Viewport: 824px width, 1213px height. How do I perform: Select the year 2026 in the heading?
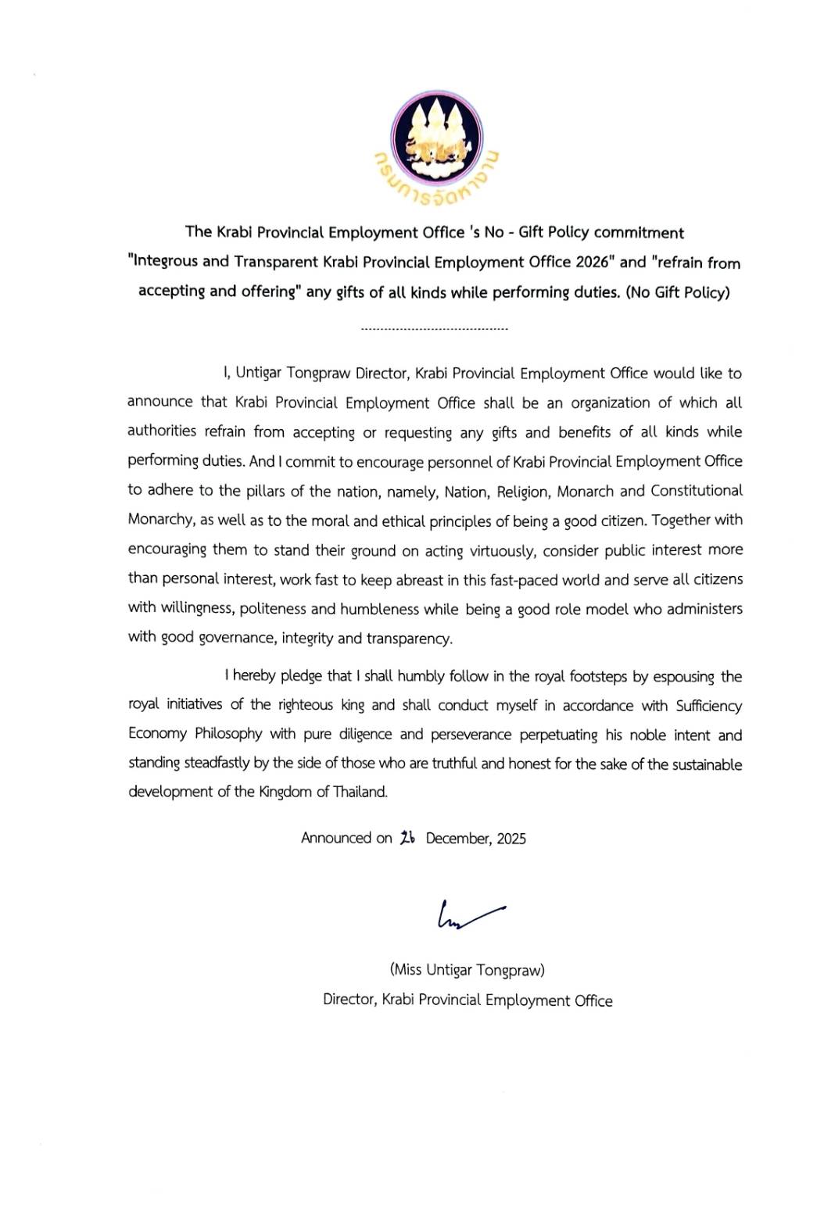pos(592,263)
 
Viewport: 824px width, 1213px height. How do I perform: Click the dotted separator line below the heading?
pos(435,329)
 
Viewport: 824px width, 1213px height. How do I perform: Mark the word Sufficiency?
pos(708,706)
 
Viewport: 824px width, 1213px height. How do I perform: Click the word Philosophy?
pos(228,735)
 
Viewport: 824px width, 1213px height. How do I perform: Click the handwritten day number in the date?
pos(407,838)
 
